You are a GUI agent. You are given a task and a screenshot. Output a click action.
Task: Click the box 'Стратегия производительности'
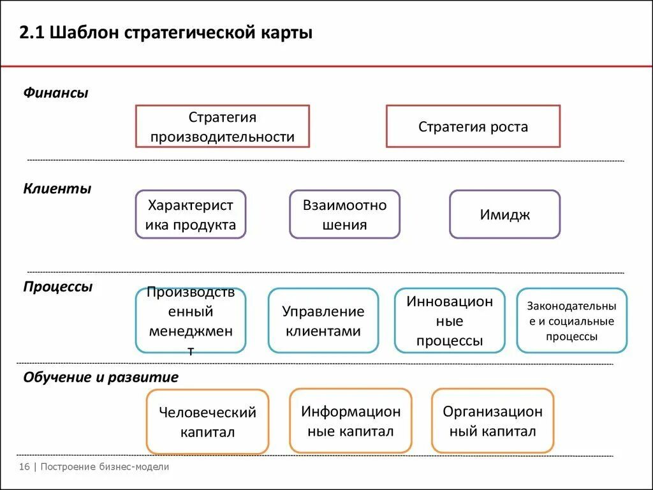[x=222, y=126]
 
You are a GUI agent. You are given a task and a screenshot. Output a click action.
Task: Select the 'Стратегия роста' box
[x=473, y=126]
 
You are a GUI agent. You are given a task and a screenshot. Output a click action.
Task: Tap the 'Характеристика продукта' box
[x=190, y=214]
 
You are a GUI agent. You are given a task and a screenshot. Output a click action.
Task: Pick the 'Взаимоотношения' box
[x=344, y=214]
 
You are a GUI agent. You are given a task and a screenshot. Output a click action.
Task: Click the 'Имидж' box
[x=504, y=214]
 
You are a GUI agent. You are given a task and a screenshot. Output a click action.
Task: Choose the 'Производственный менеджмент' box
[x=190, y=320]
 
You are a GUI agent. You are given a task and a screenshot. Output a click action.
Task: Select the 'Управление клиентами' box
[x=323, y=320]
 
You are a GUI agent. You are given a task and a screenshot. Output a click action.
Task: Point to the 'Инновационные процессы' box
[x=450, y=320]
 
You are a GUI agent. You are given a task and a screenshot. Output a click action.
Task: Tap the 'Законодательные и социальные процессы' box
[x=571, y=320]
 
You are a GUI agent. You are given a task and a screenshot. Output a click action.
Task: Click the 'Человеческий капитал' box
[x=207, y=421]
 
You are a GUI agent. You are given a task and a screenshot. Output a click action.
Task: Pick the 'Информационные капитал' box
[x=350, y=420]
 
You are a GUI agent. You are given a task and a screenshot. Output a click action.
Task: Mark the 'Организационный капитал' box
[x=492, y=420]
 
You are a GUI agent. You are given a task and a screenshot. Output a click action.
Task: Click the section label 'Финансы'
[x=56, y=93]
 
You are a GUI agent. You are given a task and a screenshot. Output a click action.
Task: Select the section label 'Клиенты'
[x=57, y=189]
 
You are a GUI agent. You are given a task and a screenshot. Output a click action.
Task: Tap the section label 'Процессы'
[x=58, y=286]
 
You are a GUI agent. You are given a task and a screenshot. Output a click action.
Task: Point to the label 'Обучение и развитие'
[x=101, y=377]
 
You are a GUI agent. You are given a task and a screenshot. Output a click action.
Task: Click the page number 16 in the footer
[x=24, y=467]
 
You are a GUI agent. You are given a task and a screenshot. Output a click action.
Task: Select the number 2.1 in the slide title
[x=31, y=33]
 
